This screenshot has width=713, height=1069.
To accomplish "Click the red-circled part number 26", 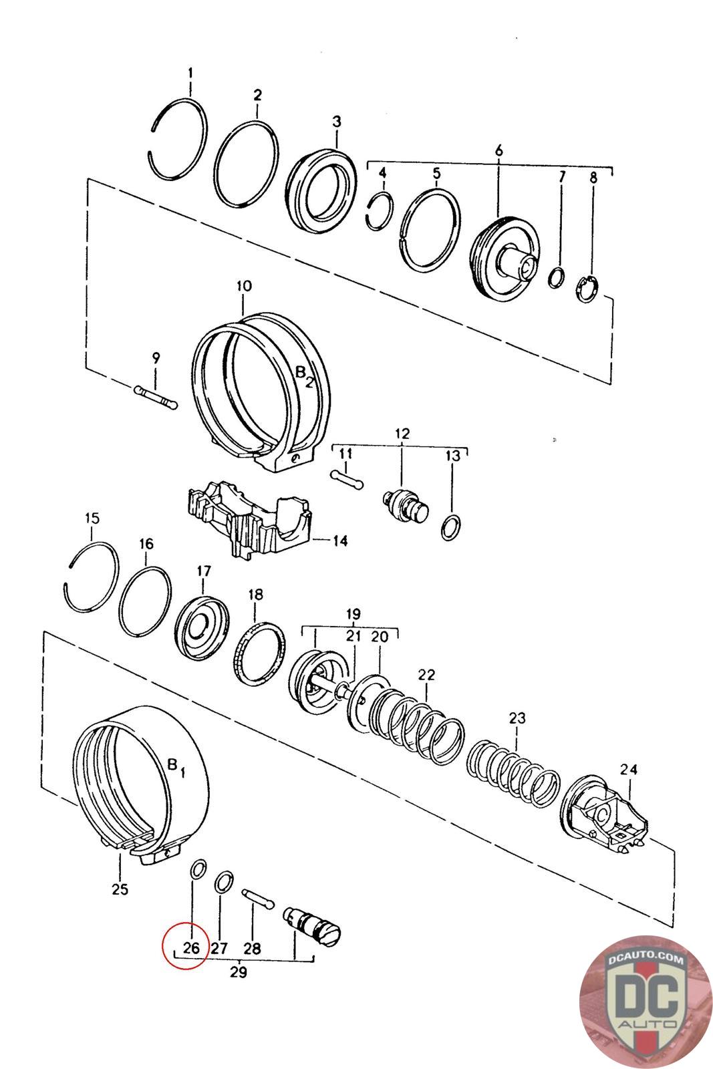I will tap(191, 947).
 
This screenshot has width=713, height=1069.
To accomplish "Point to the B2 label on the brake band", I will tap(305, 376).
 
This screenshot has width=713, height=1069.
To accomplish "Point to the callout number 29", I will tap(238, 972).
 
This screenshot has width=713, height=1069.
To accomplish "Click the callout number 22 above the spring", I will tap(426, 675).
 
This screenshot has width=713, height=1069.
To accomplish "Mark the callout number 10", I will tap(243, 287).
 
